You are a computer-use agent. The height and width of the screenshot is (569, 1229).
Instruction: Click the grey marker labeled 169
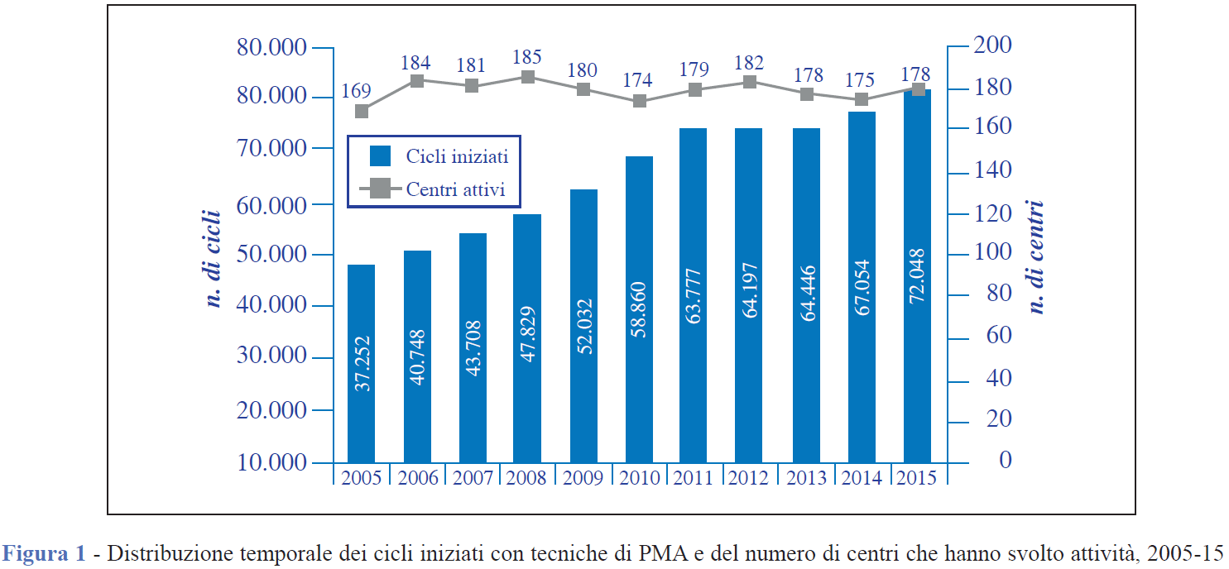point(362,112)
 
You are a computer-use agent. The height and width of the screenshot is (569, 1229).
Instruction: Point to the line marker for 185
point(527,77)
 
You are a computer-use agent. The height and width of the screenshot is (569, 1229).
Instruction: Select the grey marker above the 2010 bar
point(639,101)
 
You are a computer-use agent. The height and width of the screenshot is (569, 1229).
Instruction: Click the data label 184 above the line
point(415,63)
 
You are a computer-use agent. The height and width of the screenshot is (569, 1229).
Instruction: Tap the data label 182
point(750,64)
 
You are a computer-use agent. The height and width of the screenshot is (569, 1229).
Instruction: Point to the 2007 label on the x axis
point(472,478)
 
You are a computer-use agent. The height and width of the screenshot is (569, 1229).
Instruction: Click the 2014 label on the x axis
point(862,478)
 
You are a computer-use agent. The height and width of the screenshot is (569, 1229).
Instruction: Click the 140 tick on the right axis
point(993,171)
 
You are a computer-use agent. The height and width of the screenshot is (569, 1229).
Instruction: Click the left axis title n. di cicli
point(213,260)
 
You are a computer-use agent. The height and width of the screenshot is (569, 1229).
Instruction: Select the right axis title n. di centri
point(1036,257)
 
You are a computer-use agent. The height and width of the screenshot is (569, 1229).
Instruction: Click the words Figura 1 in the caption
point(45,553)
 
